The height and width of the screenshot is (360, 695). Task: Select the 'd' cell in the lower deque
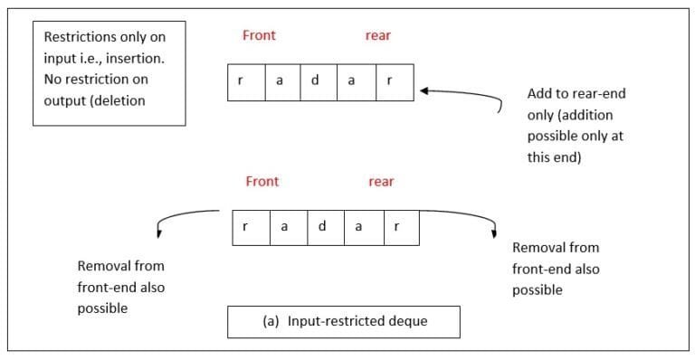point(322,227)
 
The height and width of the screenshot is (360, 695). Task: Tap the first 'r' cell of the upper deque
point(241,81)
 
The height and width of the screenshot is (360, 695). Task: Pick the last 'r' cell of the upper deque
point(389,81)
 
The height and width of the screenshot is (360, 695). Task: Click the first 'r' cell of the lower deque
point(246,227)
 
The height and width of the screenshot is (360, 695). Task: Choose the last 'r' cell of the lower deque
point(395,227)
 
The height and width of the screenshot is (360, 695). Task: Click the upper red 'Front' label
point(259,36)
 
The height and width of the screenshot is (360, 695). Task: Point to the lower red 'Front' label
point(262,182)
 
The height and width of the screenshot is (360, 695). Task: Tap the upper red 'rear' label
point(378,36)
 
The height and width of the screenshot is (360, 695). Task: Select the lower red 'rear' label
point(381,182)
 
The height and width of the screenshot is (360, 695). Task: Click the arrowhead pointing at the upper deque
point(423,90)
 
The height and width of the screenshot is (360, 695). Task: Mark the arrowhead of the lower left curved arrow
point(159,234)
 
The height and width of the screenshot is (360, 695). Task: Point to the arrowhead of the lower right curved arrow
point(494,232)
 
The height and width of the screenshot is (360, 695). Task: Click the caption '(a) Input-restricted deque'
point(343,321)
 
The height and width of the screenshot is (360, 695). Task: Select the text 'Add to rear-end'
point(576,94)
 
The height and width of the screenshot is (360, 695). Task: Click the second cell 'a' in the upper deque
point(279,81)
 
